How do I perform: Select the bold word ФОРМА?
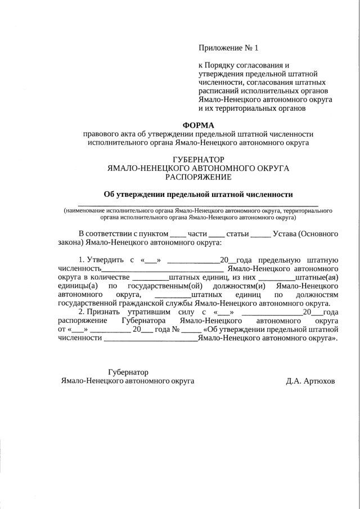pos(199,124)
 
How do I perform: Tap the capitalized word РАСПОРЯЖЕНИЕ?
pos(198,177)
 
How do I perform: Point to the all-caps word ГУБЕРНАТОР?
pos(198,160)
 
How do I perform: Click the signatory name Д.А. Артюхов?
pos(310,381)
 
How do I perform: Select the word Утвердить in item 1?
pos(107,259)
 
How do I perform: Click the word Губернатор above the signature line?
pos(127,372)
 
